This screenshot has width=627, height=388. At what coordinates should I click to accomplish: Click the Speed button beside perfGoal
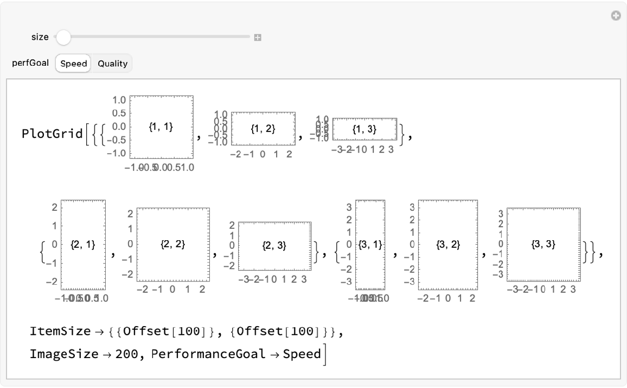tap(73, 64)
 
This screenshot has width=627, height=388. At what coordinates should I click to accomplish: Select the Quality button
tap(112, 64)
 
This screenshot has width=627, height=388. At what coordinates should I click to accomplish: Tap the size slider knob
tap(63, 37)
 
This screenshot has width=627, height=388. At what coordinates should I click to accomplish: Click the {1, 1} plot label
tap(161, 127)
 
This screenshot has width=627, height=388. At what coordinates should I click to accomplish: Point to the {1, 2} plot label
tap(263, 128)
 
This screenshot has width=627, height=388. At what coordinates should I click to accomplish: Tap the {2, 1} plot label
tap(83, 245)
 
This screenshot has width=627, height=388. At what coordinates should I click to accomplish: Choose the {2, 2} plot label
tap(173, 245)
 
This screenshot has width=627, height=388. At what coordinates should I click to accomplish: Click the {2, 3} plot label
tap(274, 246)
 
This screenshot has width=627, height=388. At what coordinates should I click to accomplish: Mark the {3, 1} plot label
tap(371, 245)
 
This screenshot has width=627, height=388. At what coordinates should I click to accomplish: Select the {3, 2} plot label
tap(448, 245)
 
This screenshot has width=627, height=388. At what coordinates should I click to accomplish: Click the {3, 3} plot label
tap(543, 245)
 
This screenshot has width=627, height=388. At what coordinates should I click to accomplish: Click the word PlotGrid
tap(52, 134)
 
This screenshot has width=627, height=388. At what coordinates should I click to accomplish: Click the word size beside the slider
tap(40, 37)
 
